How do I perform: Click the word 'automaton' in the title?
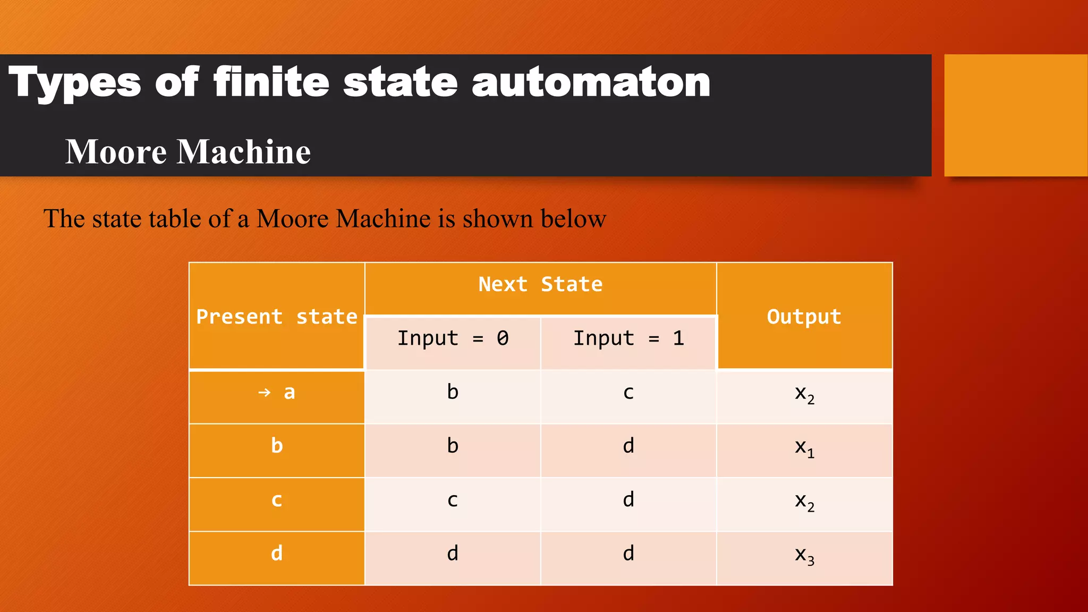pos(591,83)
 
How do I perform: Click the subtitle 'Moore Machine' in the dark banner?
pos(188,152)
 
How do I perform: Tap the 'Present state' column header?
pos(277,317)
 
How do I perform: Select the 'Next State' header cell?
pos(540,285)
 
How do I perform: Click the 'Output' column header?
pos(804,317)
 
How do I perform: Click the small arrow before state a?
pos(264,393)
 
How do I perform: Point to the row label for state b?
pos(277,446)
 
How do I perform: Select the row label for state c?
pos(277,500)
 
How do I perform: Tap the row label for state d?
pos(277,554)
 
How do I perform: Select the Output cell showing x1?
pos(804,448)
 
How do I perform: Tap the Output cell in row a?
pos(804,394)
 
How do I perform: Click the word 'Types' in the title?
pos(75,83)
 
